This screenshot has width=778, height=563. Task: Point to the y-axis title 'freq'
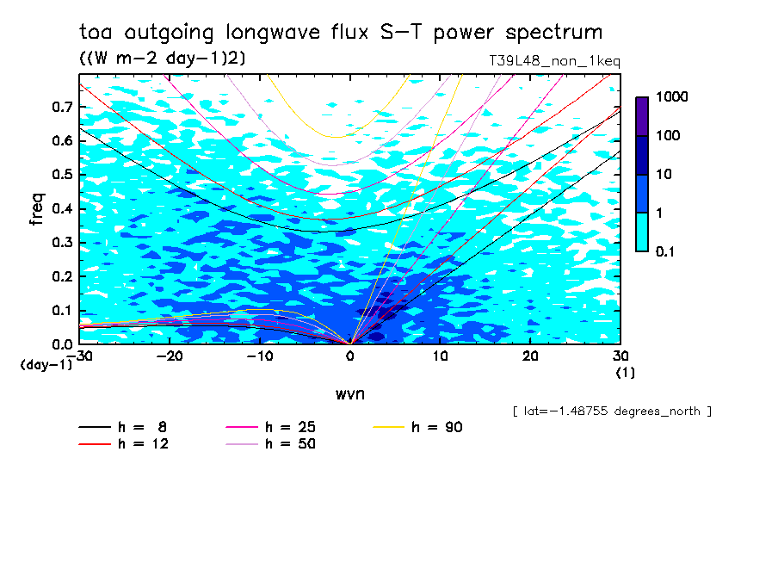pyautogui.click(x=37, y=209)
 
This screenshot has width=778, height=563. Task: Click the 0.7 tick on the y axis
pyautogui.click(x=61, y=107)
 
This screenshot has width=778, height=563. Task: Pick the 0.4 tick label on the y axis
pyautogui.click(x=61, y=209)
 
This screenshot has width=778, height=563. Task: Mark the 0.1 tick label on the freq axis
pyautogui.click(x=61, y=311)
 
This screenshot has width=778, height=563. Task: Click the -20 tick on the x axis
pyautogui.click(x=170, y=356)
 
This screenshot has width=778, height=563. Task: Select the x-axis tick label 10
pyautogui.click(x=440, y=356)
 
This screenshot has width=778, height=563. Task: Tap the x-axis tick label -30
pyautogui.click(x=79, y=356)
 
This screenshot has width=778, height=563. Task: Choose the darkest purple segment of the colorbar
pyautogui.click(x=642, y=116)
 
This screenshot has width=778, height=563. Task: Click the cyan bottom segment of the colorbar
pyautogui.click(x=642, y=232)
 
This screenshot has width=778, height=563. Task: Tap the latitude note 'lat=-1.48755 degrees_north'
pyautogui.click(x=612, y=411)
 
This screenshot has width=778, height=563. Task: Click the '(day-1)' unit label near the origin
pyautogui.click(x=46, y=365)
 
